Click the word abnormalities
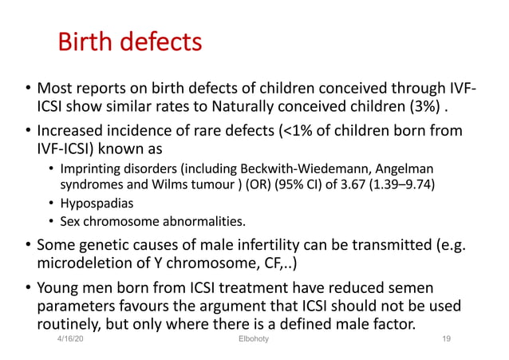200,221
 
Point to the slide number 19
447,339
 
